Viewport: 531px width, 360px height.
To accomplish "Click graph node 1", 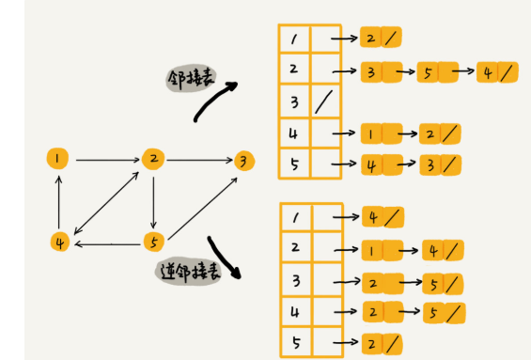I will point(59,158).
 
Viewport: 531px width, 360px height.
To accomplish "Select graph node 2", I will point(153,158).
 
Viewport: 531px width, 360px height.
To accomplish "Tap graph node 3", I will point(244,160).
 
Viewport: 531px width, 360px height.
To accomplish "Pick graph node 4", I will point(59,242).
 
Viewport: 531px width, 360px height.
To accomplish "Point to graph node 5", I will point(153,243).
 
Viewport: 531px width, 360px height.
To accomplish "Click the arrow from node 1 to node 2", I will point(106,159).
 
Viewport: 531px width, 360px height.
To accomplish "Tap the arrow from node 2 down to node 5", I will point(153,200).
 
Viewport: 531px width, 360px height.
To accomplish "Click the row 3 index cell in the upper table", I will point(294,102).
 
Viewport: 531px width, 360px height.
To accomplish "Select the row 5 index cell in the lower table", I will point(294,341).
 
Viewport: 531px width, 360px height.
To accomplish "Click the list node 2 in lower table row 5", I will point(374,342).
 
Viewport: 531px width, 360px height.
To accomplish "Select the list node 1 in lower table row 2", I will point(373,250).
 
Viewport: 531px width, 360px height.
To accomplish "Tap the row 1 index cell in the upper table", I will point(294,39).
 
